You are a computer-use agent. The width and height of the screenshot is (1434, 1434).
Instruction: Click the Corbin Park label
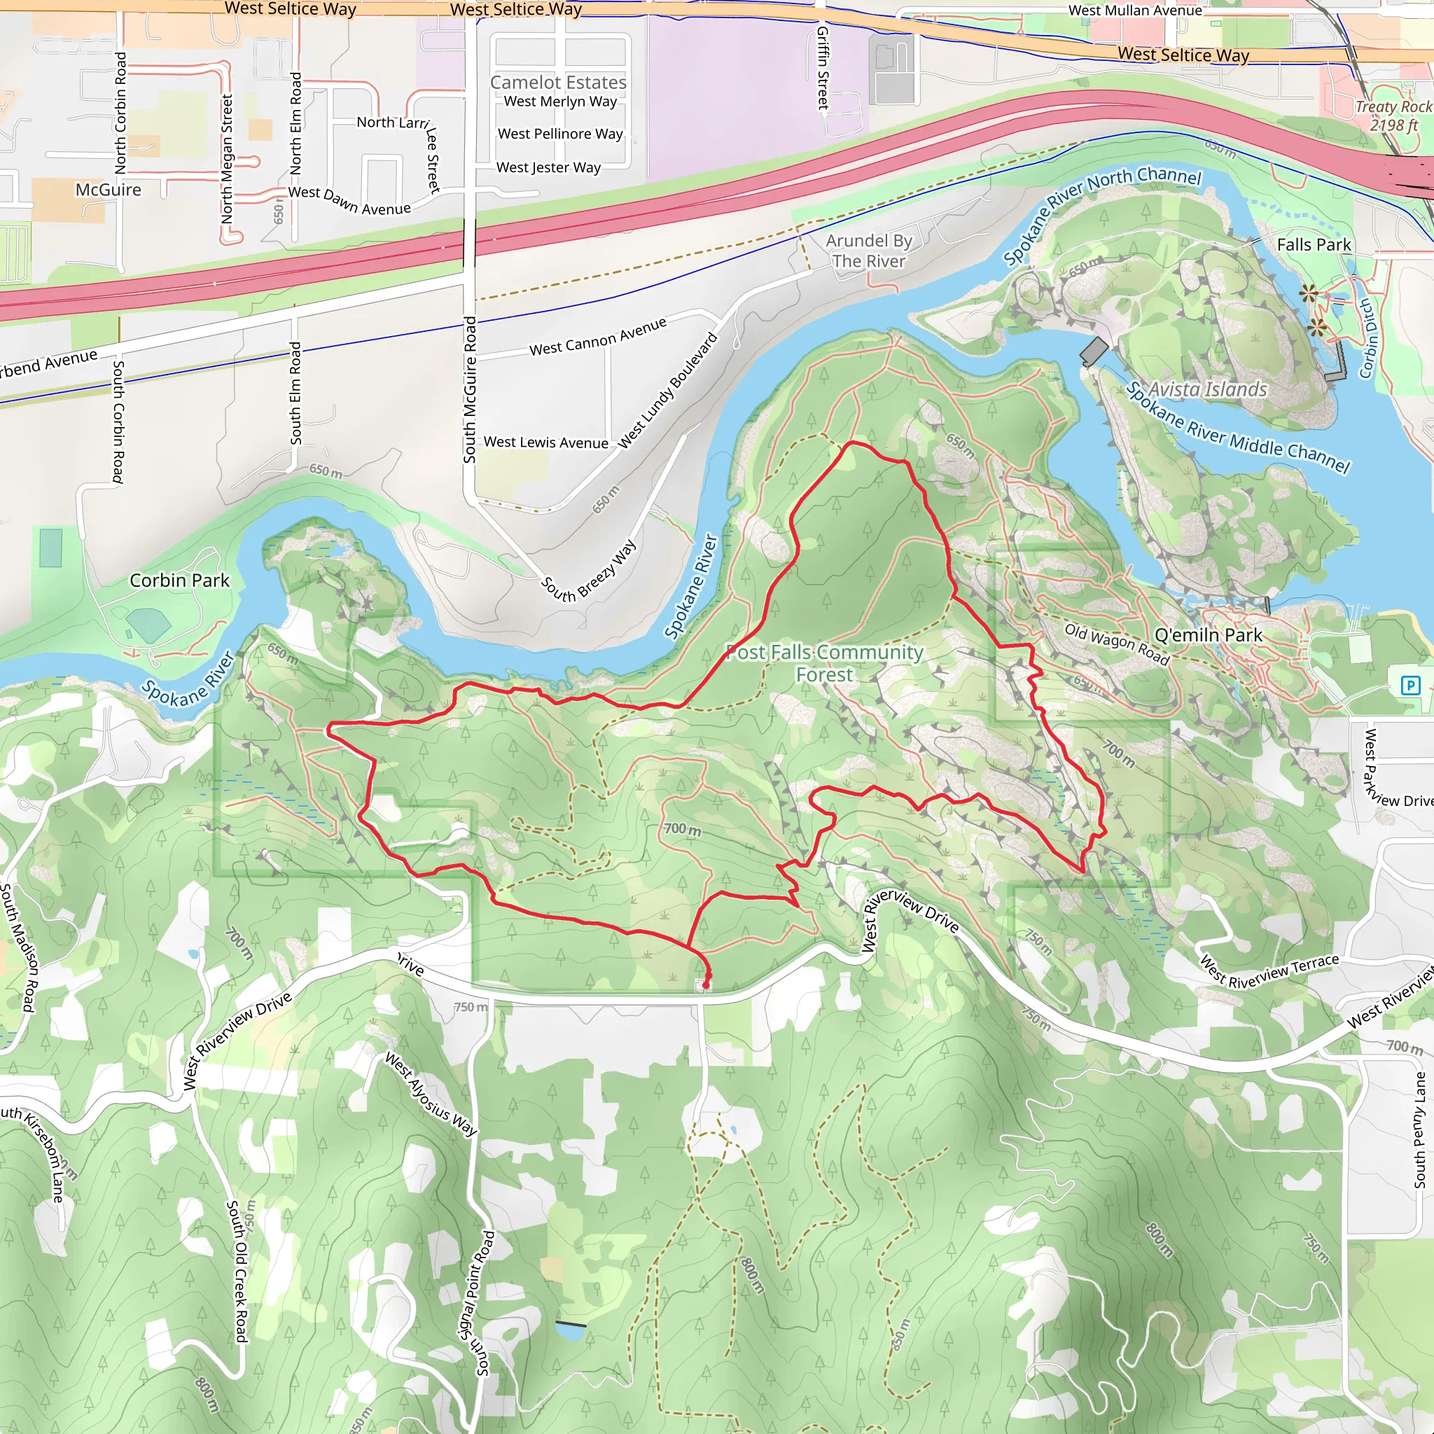[x=180, y=580]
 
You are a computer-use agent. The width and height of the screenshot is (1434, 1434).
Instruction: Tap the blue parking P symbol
[x=1410, y=685]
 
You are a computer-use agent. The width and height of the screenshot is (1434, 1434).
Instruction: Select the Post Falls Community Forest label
[x=824, y=663]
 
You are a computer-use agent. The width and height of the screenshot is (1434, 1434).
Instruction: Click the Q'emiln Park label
[x=1209, y=634]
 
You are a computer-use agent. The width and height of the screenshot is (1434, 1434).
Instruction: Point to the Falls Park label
[x=1314, y=244]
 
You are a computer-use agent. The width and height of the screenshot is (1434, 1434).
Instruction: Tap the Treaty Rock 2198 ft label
[x=1393, y=116]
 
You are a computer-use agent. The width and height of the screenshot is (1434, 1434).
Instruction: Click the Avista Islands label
[x=1208, y=389]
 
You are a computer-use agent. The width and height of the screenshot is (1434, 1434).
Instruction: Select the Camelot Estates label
[x=558, y=83]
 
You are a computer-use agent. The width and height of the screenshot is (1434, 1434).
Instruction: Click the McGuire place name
[x=109, y=190]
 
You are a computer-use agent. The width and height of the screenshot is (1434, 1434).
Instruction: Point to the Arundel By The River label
[x=868, y=251]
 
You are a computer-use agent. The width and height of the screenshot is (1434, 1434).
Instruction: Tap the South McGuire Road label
[x=470, y=390]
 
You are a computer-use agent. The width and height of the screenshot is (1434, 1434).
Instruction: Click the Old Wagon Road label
[x=1116, y=643]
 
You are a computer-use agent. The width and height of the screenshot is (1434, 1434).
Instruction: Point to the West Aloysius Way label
[x=431, y=1094]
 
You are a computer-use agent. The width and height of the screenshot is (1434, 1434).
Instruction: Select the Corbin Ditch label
[x=1367, y=338]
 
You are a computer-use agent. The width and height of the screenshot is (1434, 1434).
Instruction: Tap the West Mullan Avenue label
[x=1135, y=11]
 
